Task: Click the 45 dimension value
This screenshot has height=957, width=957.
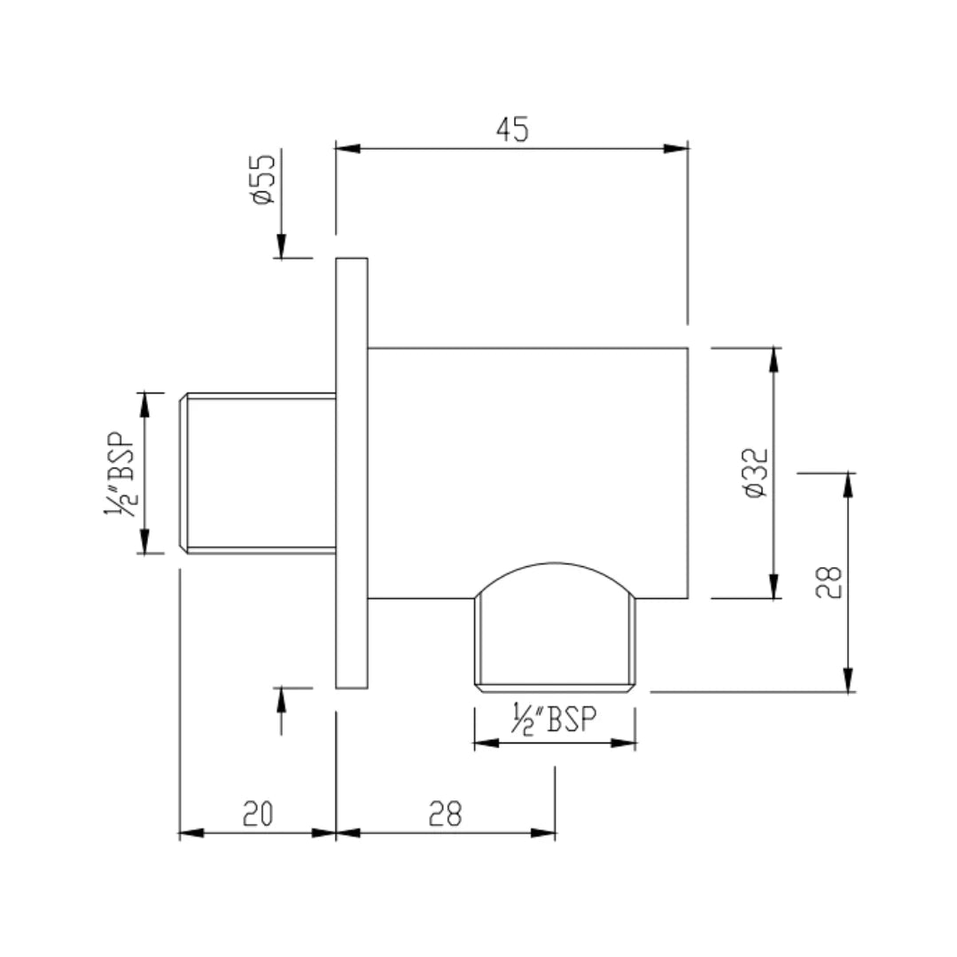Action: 512,129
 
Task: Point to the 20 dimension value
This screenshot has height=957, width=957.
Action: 258,813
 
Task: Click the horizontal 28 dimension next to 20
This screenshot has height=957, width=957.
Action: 447,813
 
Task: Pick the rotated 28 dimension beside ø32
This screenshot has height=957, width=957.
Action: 829,582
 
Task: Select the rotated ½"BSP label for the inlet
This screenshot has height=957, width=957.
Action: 121,472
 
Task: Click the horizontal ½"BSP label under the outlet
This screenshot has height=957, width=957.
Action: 555,719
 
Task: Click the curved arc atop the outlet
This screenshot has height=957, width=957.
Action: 556,566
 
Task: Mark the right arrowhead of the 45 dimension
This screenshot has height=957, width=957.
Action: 677,149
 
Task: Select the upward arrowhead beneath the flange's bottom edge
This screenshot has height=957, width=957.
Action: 282,699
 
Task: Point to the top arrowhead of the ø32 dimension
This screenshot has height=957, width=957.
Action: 775,359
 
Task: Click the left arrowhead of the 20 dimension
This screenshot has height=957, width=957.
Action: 191,833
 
